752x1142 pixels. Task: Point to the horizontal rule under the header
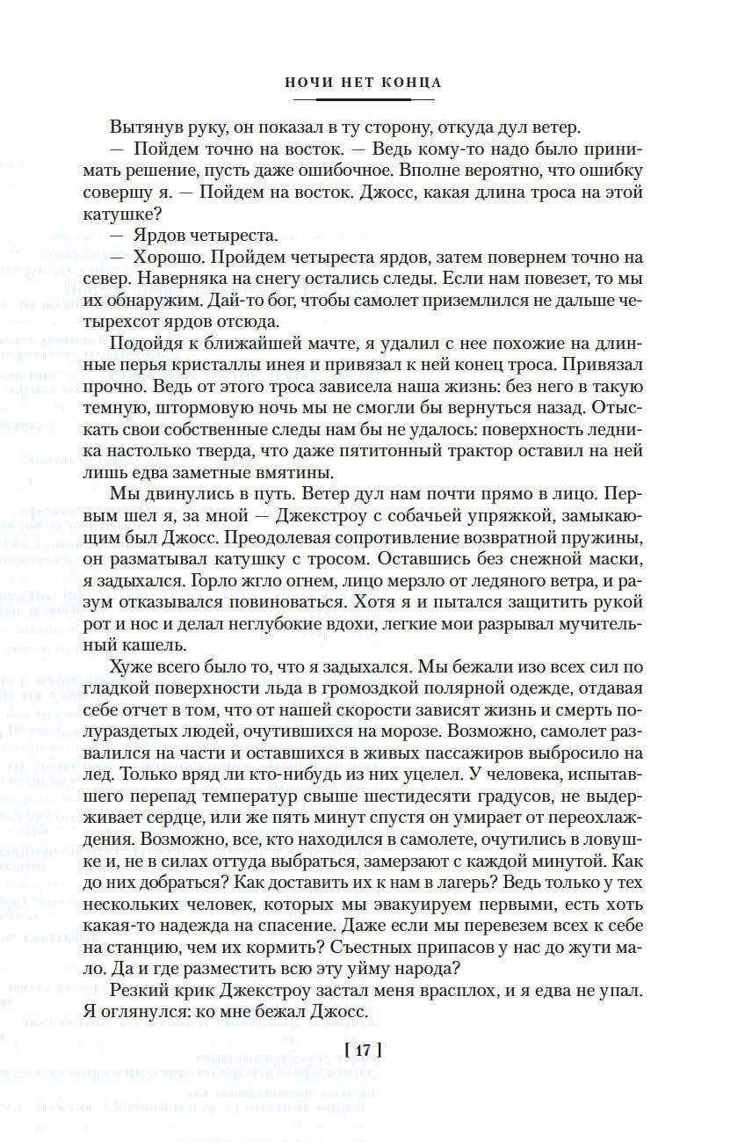click(362, 100)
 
